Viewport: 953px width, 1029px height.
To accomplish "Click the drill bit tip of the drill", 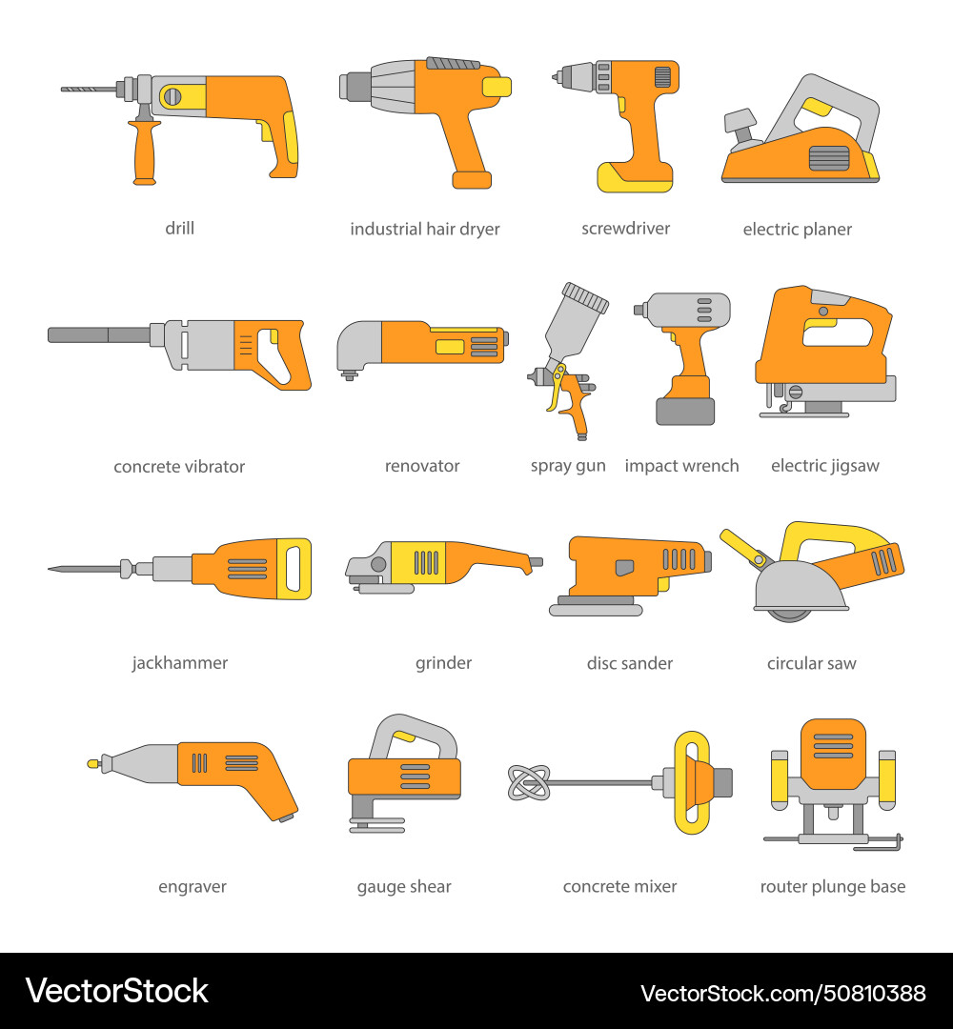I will coord(65,89).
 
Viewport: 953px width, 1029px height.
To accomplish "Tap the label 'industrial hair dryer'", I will coord(424,229).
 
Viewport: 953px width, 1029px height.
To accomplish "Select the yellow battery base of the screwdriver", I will coord(635,176).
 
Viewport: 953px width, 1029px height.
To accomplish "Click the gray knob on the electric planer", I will coord(740,123).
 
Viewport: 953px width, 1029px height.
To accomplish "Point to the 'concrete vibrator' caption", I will coord(179,467).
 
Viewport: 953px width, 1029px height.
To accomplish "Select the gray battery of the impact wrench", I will coord(684,411).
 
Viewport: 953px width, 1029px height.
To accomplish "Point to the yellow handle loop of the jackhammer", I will coord(294,569).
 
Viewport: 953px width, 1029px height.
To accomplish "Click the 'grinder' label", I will coord(443,663).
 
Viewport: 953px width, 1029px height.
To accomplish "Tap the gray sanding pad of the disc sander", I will coord(596,607).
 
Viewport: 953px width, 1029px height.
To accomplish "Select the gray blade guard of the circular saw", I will coord(801,586).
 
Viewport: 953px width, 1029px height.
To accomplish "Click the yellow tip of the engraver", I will coord(92,763).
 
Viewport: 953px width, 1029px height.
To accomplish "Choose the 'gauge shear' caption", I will coord(404,886).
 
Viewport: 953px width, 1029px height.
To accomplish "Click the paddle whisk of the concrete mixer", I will coord(528,783).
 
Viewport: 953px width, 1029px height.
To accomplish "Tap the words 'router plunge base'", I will coord(832,886).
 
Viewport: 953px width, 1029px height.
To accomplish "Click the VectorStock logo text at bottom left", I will coord(116,991).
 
